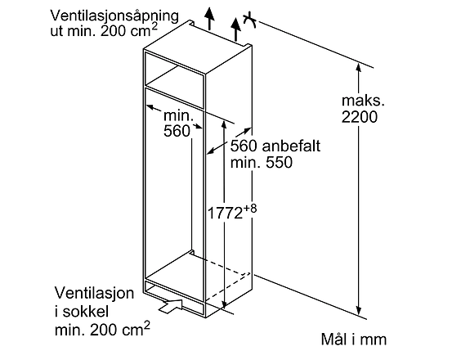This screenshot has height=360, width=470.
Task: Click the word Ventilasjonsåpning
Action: coord(114,16)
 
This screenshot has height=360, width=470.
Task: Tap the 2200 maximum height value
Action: coord(360,117)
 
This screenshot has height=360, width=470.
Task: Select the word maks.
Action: coord(363,101)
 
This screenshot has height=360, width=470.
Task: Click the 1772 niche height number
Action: coord(225,214)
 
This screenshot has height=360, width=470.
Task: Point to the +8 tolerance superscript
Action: coord(249,209)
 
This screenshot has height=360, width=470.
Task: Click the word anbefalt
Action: coord(291,146)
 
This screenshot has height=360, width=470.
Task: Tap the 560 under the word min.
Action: coord(177,131)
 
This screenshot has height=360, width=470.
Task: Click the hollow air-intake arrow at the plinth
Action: coord(171,306)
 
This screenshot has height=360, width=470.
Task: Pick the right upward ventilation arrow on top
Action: coord(236,29)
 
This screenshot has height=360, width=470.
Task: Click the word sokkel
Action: coord(86,312)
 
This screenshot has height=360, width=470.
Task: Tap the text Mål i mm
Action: coord(354,340)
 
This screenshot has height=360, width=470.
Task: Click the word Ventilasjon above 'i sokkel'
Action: coord(94,293)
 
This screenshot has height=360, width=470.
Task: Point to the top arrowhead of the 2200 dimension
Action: coord(359,67)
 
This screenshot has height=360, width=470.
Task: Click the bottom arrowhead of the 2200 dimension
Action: coord(359,310)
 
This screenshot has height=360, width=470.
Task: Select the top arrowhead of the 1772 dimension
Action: coord(224,125)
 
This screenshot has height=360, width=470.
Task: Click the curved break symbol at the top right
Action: coord(249,21)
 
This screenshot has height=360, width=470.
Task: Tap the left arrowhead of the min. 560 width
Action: coord(150,107)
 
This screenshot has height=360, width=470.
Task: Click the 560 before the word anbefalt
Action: coord(244,146)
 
